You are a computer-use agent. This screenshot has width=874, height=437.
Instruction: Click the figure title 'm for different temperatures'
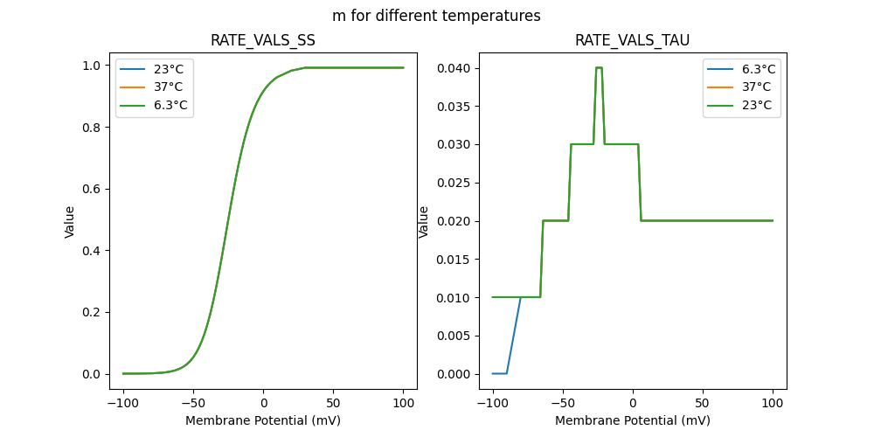coord(436,16)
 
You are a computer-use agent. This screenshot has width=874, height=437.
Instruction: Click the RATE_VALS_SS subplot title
coord(263,41)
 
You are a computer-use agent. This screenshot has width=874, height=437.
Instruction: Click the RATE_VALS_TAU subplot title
coord(633,41)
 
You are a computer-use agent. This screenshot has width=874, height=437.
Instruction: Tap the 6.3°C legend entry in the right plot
coord(758,69)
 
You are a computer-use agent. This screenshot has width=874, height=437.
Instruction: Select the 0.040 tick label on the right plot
coord(454,68)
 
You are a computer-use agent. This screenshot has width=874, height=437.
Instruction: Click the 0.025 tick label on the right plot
coord(454,183)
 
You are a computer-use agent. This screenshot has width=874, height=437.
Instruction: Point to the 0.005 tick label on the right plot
coord(454,336)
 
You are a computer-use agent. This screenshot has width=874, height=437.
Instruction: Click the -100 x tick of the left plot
coord(123,404)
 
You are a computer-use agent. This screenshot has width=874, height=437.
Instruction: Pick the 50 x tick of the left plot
coord(334,404)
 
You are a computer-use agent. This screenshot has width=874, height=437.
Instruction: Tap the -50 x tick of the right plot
coord(563,404)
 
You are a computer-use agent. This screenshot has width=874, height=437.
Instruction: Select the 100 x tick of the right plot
coord(773,404)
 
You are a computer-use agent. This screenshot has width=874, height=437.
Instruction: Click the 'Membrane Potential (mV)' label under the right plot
coord(633,420)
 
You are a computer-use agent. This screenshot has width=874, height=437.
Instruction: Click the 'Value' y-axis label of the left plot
coord(70,222)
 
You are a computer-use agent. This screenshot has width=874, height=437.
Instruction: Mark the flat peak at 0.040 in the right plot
coord(599,67)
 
